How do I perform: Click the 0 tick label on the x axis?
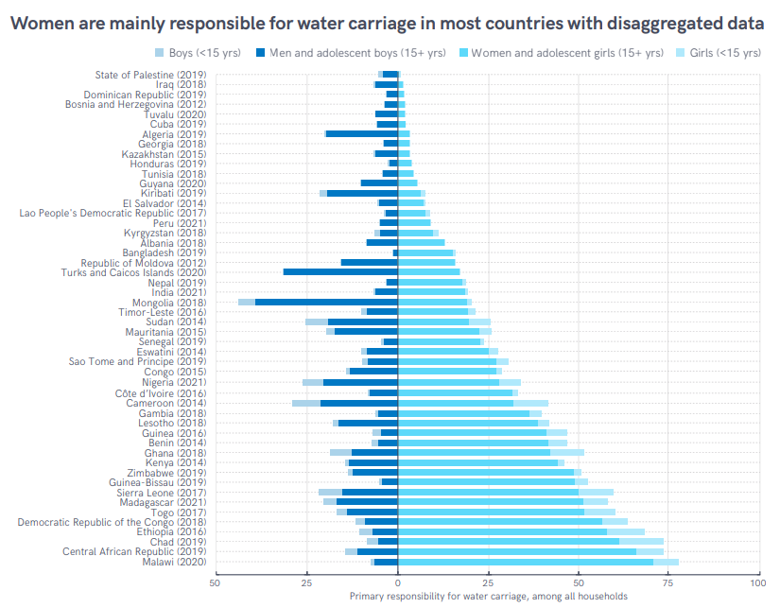[398, 583]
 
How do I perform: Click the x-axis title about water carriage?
[488, 597]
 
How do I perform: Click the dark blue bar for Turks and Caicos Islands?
[340, 272]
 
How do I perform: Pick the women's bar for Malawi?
[526, 562]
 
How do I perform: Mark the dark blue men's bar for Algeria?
[362, 133]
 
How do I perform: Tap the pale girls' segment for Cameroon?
[530, 403]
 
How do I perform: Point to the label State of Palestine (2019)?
[150, 75]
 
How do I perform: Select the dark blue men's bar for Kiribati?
[362, 193]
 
